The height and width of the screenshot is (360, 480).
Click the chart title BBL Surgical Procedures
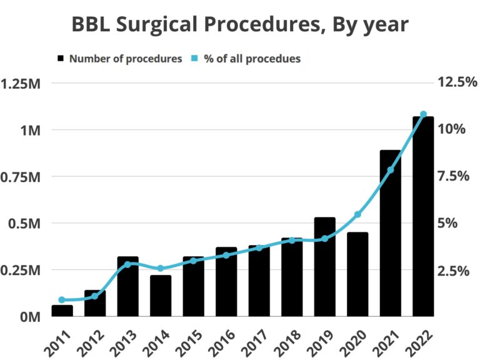click(x=240, y=24)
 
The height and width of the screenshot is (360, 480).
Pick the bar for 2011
click(x=62, y=311)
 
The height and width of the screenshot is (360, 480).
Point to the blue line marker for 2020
click(x=357, y=214)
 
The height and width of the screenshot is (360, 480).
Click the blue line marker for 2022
click(x=423, y=114)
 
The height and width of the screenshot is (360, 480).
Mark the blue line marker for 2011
click(x=62, y=300)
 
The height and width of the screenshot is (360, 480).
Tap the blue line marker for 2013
click(x=127, y=264)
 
